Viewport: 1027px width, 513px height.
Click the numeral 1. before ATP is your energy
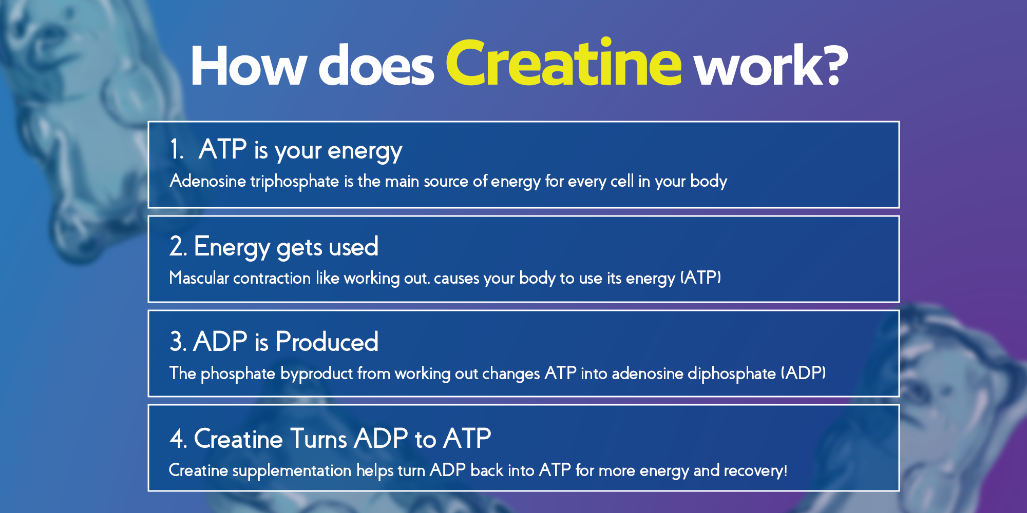177,149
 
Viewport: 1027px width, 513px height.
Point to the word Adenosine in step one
208,181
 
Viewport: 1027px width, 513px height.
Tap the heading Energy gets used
286,247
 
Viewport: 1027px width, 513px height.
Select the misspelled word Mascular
199,278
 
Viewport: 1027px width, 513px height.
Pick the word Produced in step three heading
327,342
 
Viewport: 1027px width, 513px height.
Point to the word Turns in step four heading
319,439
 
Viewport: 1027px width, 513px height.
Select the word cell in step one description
622,181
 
